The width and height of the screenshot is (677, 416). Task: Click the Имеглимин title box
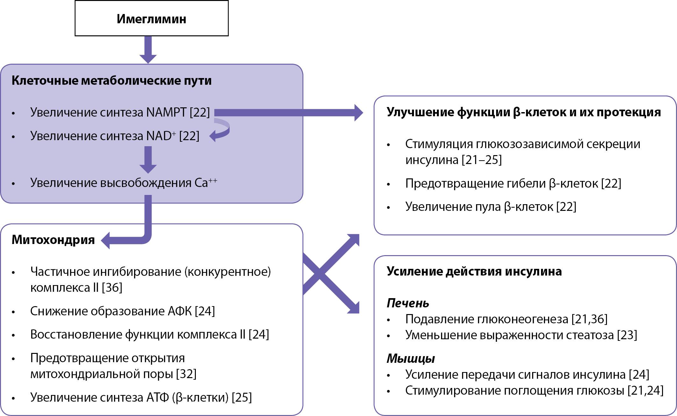pos(152,18)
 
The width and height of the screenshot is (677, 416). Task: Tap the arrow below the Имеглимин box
pos(148,50)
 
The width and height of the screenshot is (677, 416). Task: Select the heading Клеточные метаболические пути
pos(111,80)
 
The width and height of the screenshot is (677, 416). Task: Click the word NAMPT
pos(166,112)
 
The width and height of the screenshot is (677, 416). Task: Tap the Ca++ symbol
pos(206,183)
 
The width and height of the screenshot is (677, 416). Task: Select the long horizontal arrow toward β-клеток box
pos(288,112)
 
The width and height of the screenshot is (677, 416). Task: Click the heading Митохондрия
pos(53,240)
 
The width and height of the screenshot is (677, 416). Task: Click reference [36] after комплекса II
pos(112,288)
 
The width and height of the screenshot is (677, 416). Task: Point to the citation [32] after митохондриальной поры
pos(186,374)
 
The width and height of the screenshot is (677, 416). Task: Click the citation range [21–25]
pos(482,160)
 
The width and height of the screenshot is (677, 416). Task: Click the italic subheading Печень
pos(408,303)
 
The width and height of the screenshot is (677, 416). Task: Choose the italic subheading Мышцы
pos(411,359)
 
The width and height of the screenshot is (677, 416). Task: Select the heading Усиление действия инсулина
pos(474,271)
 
